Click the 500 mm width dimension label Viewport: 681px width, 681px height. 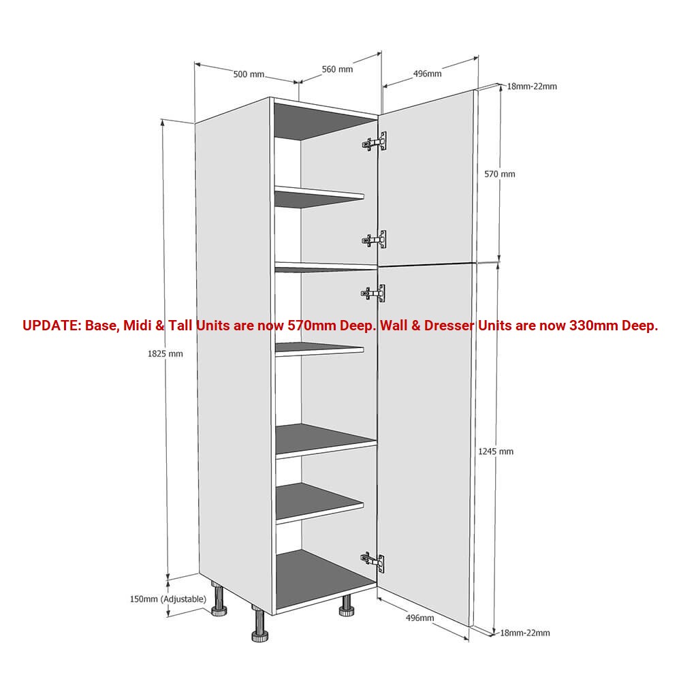pos(249,74)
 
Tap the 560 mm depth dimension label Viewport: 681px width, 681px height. pos(338,69)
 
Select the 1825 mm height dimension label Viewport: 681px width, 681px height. pos(165,354)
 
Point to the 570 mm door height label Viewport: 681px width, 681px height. pos(500,174)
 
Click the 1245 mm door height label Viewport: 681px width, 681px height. pos(496,452)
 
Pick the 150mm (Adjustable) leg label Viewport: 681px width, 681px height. pos(168,599)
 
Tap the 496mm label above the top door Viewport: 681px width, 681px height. pos(428,74)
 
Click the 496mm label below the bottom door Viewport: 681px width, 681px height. pos(420,618)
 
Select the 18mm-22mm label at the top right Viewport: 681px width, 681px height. pos(532,86)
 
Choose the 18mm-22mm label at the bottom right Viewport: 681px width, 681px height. pos(525,633)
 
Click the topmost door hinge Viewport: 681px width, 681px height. pos(374,142)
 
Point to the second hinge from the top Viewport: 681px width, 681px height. pos(374,239)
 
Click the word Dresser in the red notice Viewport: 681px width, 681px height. pos(449,326)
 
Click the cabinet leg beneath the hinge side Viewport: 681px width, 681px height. pos(347,605)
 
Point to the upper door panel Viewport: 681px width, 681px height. pos(426,178)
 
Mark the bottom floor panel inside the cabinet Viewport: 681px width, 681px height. pos(325,579)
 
